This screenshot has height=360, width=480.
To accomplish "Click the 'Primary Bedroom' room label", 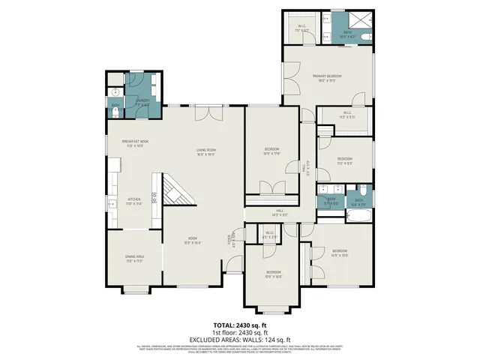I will click(x=328, y=79).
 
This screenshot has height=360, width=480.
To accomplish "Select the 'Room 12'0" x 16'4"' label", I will click(x=192, y=241).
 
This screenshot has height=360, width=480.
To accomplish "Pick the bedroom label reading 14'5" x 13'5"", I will click(x=339, y=252).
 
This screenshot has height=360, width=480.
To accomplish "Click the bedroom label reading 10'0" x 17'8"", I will click(x=271, y=152).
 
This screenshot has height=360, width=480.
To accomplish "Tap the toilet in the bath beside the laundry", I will click(x=115, y=113).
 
